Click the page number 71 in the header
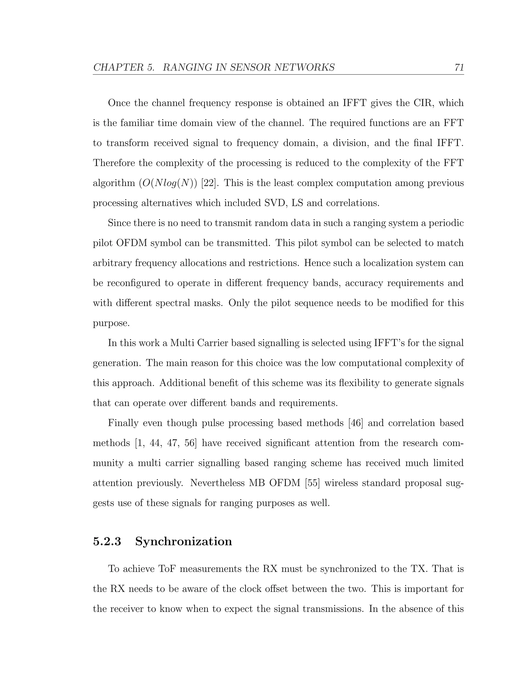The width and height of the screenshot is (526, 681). pyautogui.click(x=459, y=67)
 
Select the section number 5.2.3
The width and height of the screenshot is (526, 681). pyautogui.click(x=107, y=541)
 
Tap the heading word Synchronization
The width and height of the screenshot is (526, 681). pyautogui.click(x=184, y=541)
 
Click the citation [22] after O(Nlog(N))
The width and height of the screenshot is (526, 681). pyautogui.click(x=209, y=183)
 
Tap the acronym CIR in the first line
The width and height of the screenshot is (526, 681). pyautogui.click(x=424, y=103)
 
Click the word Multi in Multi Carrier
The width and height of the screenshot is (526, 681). pyautogui.click(x=180, y=343)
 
